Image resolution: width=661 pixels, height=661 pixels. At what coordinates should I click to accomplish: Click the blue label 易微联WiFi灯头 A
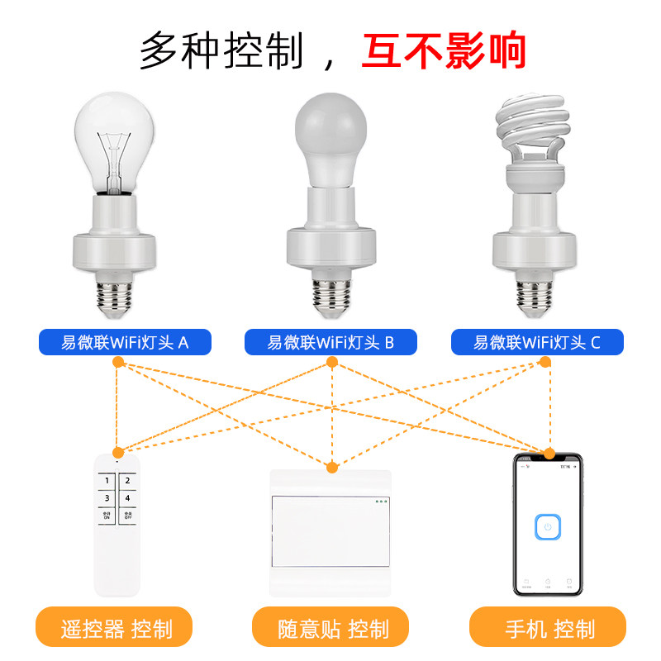pos(125,342)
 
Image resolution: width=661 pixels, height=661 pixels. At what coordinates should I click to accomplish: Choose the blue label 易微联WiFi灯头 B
pos(330,342)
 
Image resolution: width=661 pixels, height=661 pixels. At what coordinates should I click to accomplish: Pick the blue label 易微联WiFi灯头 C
pos(537,342)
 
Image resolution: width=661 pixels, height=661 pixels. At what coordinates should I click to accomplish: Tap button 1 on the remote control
pos(107,480)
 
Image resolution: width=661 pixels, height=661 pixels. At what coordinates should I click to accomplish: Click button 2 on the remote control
pos(127,480)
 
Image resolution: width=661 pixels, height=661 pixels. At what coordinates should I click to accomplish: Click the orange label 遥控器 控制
pos(115,629)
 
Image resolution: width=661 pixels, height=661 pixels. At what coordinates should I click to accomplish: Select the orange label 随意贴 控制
pos(330,629)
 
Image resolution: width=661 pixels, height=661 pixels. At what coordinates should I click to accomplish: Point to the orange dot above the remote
pos(118,452)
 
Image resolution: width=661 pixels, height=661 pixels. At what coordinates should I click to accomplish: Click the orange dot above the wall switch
pos(332,468)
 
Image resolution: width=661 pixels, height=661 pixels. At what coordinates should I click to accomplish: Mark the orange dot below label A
pos(118,362)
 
